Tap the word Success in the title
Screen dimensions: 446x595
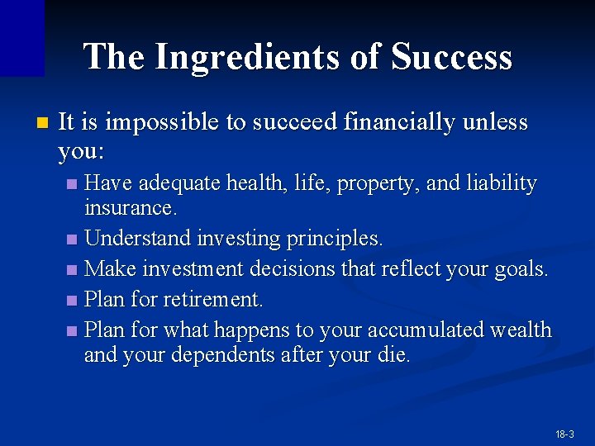pyautogui.click(x=451, y=57)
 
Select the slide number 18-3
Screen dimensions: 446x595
pyautogui.click(x=565, y=434)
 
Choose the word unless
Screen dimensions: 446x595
pyautogui.click(x=495, y=123)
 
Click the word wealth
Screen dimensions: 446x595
pyautogui.click(x=520, y=329)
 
